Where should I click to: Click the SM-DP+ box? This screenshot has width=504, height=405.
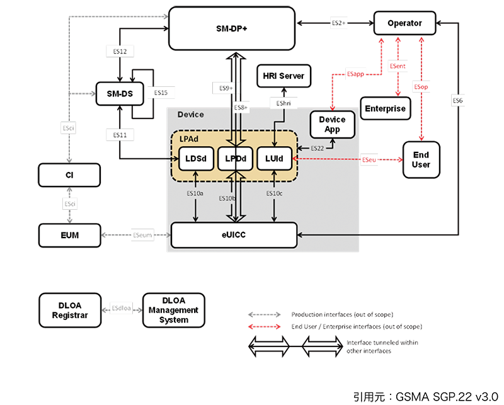pyautogui.click(x=231, y=28)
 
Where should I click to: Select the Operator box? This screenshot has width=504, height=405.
pyautogui.click(x=404, y=24)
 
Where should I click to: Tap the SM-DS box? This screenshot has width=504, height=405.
pyautogui.click(x=119, y=93)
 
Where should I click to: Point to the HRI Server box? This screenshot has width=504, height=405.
pyautogui.click(x=283, y=76)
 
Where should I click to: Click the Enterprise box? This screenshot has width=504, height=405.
pyautogui.click(x=385, y=109)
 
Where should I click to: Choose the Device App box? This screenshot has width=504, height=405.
pyautogui.click(x=332, y=124)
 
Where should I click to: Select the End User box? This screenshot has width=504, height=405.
pyautogui.click(x=421, y=160)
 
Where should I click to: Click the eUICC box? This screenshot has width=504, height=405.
pyautogui.click(x=233, y=236)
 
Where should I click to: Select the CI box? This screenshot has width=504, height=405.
pyautogui.click(x=69, y=175)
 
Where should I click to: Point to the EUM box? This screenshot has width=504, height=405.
pyautogui.click(x=69, y=236)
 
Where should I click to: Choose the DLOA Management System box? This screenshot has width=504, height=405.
pyautogui.click(x=174, y=310)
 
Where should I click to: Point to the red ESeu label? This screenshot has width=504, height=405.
pyautogui.click(x=370, y=161)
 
